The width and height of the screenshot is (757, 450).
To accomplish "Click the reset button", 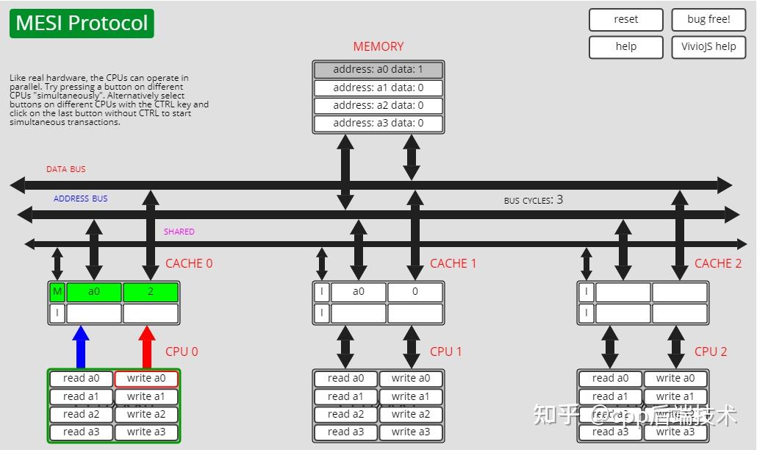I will point(625,20).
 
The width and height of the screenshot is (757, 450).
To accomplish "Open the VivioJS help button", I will point(708,47).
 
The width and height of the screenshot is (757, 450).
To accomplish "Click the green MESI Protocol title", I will point(82,24).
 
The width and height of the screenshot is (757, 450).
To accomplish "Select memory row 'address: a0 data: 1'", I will point(378,70).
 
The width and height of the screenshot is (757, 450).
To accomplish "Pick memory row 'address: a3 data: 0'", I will point(378,123).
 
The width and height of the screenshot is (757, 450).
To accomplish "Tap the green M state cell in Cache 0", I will point(57,292).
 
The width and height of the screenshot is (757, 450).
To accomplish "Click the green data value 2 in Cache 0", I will point(151,292).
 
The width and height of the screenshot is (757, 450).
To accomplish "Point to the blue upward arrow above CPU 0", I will point(81,346).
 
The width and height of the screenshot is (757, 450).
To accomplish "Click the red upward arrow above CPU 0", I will point(147,346).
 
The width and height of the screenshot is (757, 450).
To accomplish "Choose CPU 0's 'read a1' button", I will point(81,396).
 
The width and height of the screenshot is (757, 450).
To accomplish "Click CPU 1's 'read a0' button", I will point(345,379).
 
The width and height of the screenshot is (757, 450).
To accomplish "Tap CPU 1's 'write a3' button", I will point(411,432).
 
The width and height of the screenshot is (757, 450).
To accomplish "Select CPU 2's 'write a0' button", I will point(675,379).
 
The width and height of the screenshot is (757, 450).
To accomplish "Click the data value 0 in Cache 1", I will point(415,292).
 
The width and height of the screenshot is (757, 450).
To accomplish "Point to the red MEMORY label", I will point(378,46).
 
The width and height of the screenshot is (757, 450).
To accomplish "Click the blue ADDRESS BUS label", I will point(80,199).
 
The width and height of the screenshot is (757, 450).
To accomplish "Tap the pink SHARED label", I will point(179,232).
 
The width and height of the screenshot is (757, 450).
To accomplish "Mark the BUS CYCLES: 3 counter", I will point(534,199).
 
